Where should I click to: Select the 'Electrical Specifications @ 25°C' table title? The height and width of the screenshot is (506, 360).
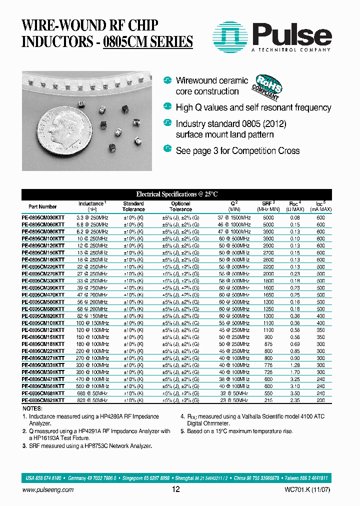tap(177, 194)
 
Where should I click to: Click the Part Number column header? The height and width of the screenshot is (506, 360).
tap(42, 206)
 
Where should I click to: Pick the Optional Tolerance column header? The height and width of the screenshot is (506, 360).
tap(180, 206)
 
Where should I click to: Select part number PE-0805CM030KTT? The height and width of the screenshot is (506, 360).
tap(43, 218)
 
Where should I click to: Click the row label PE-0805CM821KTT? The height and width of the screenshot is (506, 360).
tap(43, 400)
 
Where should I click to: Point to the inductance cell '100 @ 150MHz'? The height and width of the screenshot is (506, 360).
tap(92, 323)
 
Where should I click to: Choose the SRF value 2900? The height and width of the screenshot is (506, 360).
tap(268, 246)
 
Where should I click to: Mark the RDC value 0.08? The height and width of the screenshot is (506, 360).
tap(295, 218)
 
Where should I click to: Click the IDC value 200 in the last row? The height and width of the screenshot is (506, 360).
tap(320, 400)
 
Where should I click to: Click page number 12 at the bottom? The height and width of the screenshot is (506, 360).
tap(175, 489)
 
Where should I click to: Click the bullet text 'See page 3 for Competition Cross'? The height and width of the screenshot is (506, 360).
tap(237, 150)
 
